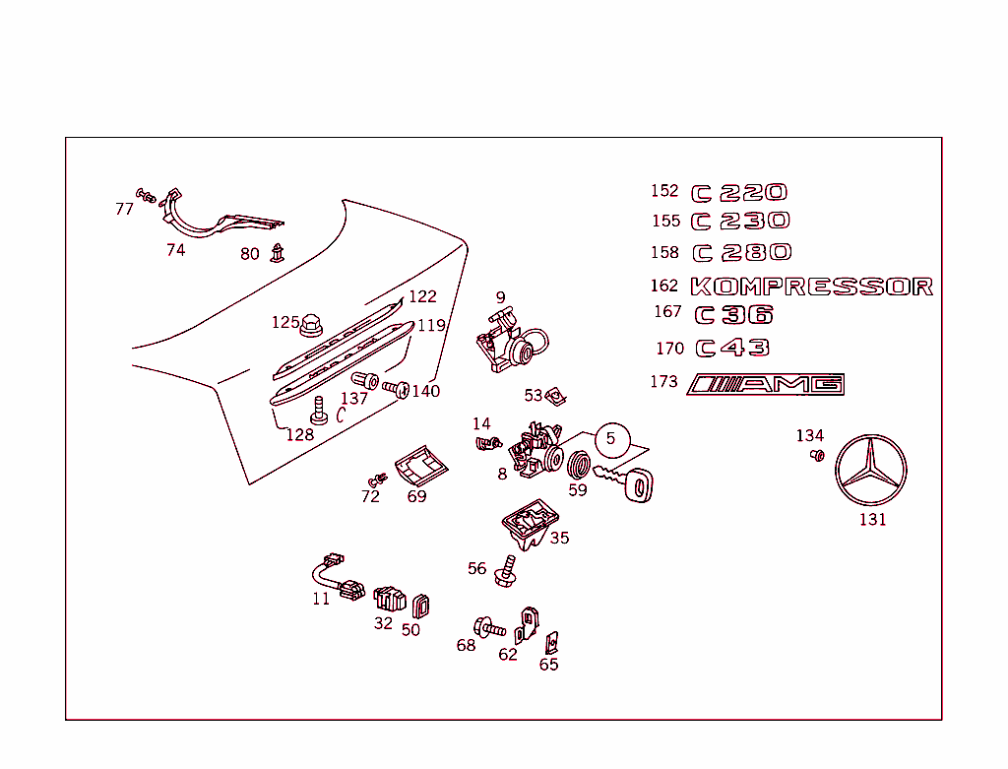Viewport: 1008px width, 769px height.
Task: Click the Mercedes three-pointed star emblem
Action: click(x=870, y=470)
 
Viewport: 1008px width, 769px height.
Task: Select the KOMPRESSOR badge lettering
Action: click(x=812, y=287)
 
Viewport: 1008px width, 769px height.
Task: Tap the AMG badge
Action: click(x=767, y=384)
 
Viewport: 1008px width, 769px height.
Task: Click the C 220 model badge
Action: click(x=739, y=193)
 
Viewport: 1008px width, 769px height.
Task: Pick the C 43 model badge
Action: click(x=733, y=348)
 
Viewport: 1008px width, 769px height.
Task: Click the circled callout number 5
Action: click(x=610, y=438)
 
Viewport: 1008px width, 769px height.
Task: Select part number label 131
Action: click(x=872, y=519)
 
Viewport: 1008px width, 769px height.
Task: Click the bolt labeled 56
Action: click(x=508, y=571)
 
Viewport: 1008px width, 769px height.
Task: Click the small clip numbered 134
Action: click(x=816, y=455)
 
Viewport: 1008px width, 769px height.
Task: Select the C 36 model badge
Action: click(x=734, y=315)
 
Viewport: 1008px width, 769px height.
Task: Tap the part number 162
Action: click(x=664, y=286)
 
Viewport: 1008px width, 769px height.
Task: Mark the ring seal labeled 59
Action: click(x=580, y=463)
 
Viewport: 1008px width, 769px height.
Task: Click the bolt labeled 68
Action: click(x=488, y=626)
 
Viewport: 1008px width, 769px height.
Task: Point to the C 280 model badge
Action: click(x=742, y=253)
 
